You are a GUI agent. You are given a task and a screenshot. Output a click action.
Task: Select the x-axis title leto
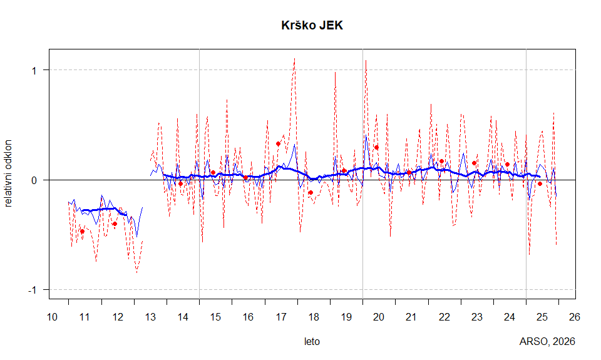coord(312,342)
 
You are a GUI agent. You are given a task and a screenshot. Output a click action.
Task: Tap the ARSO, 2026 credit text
coord(547,342)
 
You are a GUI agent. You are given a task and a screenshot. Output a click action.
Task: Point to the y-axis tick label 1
coord(34,70)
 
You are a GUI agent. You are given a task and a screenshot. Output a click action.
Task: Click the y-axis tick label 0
coord(34,180)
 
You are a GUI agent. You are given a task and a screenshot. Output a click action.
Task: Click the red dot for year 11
coord(82,231)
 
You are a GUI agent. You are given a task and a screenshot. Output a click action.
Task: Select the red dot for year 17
coord(278,143)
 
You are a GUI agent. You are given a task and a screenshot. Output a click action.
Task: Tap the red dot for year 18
coord(311,192)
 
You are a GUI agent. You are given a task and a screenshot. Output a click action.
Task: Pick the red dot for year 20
coord(376,147)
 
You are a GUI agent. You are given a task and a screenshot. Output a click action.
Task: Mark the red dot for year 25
coord(540,183)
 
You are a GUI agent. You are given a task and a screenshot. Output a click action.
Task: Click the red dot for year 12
coord(115,224)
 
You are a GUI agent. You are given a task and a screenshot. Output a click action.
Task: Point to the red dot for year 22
coord(441,161)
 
